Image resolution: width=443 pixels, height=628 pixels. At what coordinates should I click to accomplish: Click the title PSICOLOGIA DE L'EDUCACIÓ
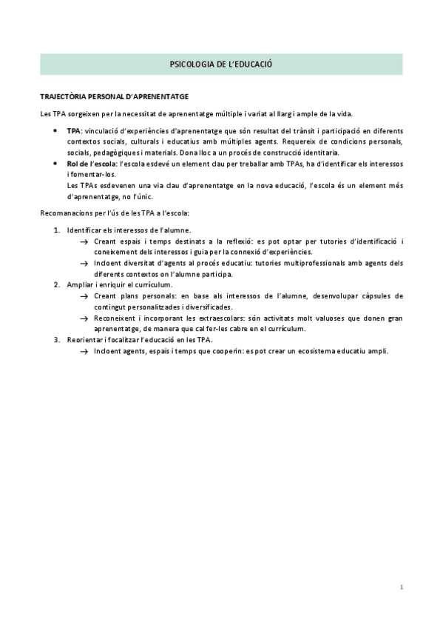[221, 65]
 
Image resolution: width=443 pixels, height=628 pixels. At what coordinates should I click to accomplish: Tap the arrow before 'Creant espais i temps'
[84, 242]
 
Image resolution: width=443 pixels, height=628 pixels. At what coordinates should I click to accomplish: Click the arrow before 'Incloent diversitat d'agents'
[84, 264]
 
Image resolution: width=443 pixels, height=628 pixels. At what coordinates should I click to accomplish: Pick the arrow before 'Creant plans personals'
[84, 296]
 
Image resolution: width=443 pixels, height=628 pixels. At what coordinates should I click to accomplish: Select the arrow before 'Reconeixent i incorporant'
[84, 318]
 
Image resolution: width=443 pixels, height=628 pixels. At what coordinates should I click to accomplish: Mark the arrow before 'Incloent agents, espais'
[84, 350]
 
